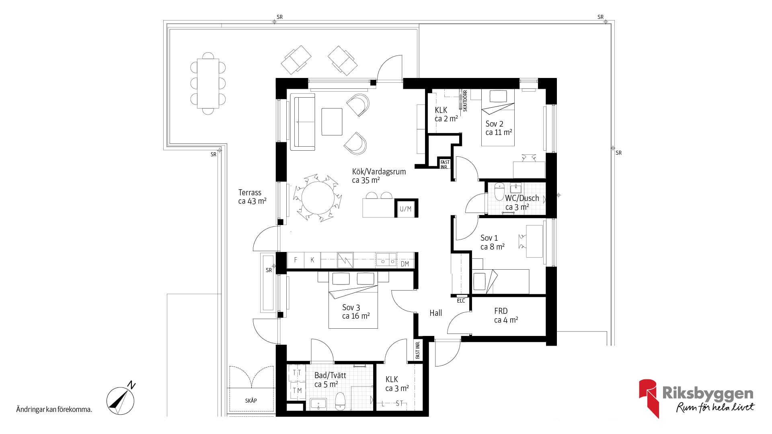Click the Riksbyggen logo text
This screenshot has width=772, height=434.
[x=708, y=394]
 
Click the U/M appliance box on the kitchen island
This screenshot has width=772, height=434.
[x=406, y=209]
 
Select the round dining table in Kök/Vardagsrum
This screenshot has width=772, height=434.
[x=318, y=198]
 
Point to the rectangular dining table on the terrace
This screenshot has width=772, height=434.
[x=208, y=83]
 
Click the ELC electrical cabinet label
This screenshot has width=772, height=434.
[x=461, y=301]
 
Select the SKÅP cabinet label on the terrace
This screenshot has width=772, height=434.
[x=251, y=401]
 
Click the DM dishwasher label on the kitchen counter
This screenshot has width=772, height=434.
[x=405, y=264]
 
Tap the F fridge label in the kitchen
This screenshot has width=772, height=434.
[x=296, y=260]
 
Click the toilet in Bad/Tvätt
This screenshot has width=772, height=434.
[x=340, y=401]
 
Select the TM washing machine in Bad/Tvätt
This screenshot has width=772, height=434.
[x=297, y=390]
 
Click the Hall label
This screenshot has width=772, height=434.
[x=435, y=313]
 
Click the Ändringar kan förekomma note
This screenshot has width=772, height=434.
[x=54, y=410]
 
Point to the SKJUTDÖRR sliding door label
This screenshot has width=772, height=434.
[x=465, y=101]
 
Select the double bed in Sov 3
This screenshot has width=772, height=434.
[x=353, y=300]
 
